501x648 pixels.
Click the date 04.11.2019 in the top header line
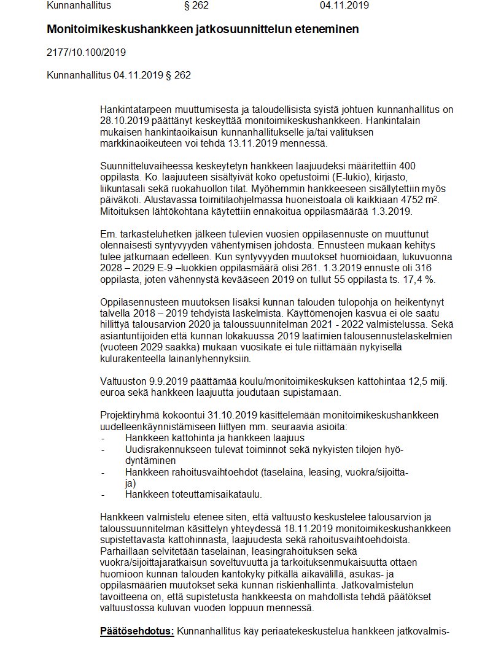(344, 6)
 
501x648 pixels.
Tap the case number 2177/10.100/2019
(86, 52)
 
